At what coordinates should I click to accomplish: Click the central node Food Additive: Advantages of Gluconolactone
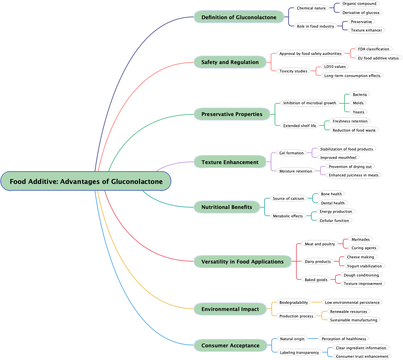click(x=86, y=181)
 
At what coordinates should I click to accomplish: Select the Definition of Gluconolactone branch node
click(x=239, y=17)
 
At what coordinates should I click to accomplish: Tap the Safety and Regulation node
click(x=230, y=62)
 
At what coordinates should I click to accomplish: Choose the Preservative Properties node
click(x=232, y=114)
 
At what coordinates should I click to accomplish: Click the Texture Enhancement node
click(x=230, y=162)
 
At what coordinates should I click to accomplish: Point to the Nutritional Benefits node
click(x=227, y=207)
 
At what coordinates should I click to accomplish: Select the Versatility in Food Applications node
click(x=242, y=262)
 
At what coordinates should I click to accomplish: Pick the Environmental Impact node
click(x=230, y=309)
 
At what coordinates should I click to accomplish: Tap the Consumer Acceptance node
click(x=230, y=345)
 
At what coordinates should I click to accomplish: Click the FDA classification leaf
click(x=373, y=49)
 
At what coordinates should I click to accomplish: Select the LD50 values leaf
click(x=335, y=67)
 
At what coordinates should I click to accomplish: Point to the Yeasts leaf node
click(x=358, y=112)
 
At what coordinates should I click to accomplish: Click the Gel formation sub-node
click(x=292, y=153)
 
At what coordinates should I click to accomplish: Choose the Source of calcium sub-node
click(x=288, y=199)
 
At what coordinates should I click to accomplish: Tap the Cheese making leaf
click(x=360, y=257)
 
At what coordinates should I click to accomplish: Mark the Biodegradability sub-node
click(x=293, y=302)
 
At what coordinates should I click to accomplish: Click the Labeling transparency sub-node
click(x=299, y=353)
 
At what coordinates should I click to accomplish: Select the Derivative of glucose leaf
click(x=361, y=13)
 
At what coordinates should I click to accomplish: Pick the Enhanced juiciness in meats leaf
click(x=354, y=175)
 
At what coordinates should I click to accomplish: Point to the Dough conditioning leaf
click(x=361, y=275)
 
